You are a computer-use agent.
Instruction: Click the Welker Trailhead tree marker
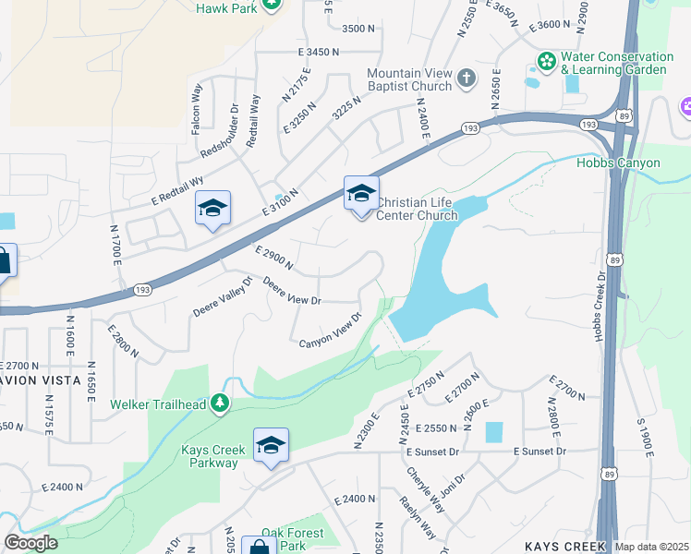[x=219, y=403]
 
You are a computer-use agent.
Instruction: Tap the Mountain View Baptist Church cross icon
[x=467, y=77]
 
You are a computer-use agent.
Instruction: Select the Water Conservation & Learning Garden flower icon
[x=545, y=60]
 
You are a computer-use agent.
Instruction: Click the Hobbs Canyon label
[x=619, y=163]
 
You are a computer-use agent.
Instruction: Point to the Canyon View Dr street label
[x=329, y=337]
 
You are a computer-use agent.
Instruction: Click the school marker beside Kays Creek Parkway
[x=271, y=446]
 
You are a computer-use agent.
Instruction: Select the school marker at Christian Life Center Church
[x=361, y=194]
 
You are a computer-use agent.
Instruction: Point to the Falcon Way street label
[x=196, y=110]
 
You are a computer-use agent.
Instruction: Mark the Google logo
[x=30, y=543]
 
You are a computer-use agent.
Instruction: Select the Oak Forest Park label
[x=292, y=539]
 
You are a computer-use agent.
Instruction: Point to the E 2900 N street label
[x=273, y=258]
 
